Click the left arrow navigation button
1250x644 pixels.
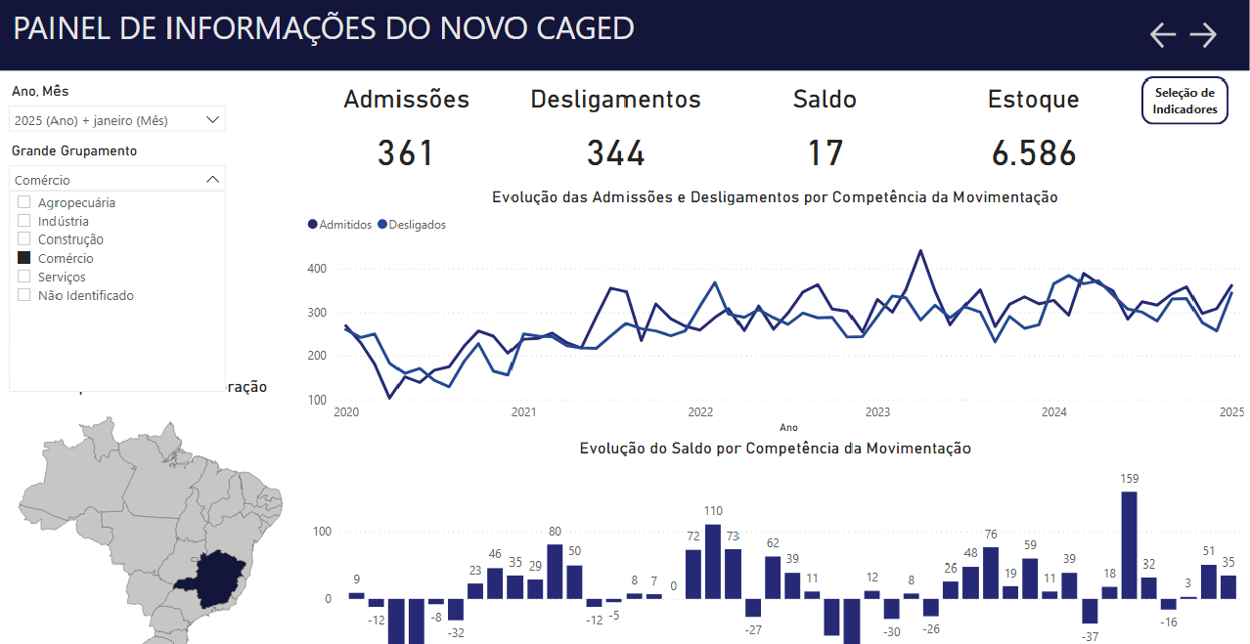pyautogui.click(x=1163, y=35)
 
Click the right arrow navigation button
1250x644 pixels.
pyautogui.click(x=1203, y=35)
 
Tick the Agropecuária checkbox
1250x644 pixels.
pyautogui.click(x=24, y=202)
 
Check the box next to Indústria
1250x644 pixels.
pyautogui.click(x=24, y=221)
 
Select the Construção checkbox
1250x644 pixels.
pyautogui.click(x=24, y=239)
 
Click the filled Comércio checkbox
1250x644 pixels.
pyautogui.click(x=24, y=258)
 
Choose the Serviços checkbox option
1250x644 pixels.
pyautogui.click(x=24, y=277)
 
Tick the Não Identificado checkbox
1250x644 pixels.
pyautogui.click(x=24, y=295)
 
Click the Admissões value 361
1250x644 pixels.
pyautogui.click(x=405, y=153)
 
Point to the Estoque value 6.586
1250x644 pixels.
pyautogui.click(x=1033, y=153)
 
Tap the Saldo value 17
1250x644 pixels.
pyautogui.click(x=825, y=153)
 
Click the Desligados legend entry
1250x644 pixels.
pyautogui.click(x=412, y=225)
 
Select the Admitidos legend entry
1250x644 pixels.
pyautogui.click(x=340, y=225)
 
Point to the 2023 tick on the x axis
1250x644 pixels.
pyautogui.click(x=877, y=412)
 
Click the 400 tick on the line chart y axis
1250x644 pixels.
pyautogui.click(x=315, y=268)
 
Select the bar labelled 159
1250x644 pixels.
pyautogui.click(x=1129, y=544)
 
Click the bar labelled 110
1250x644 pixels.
pyautogui.click(x=713, y=561)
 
